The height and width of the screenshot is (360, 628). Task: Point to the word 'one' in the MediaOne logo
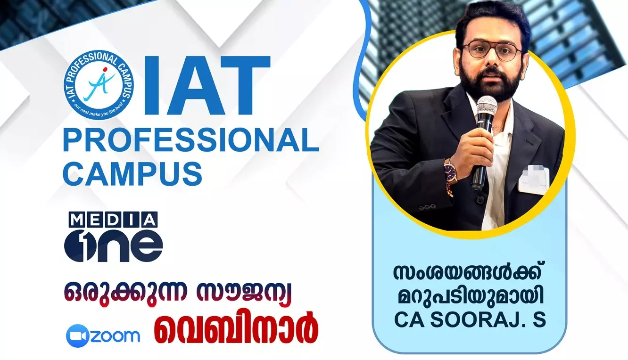click(x=113, y=245)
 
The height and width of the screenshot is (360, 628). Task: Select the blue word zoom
click(x=115, y=335)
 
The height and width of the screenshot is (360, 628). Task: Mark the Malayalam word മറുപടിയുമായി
click(x=471, y=298)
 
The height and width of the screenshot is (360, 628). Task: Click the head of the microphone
click(x=487, y=108)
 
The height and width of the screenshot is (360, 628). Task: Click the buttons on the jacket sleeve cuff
click(x=428, y=206)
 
